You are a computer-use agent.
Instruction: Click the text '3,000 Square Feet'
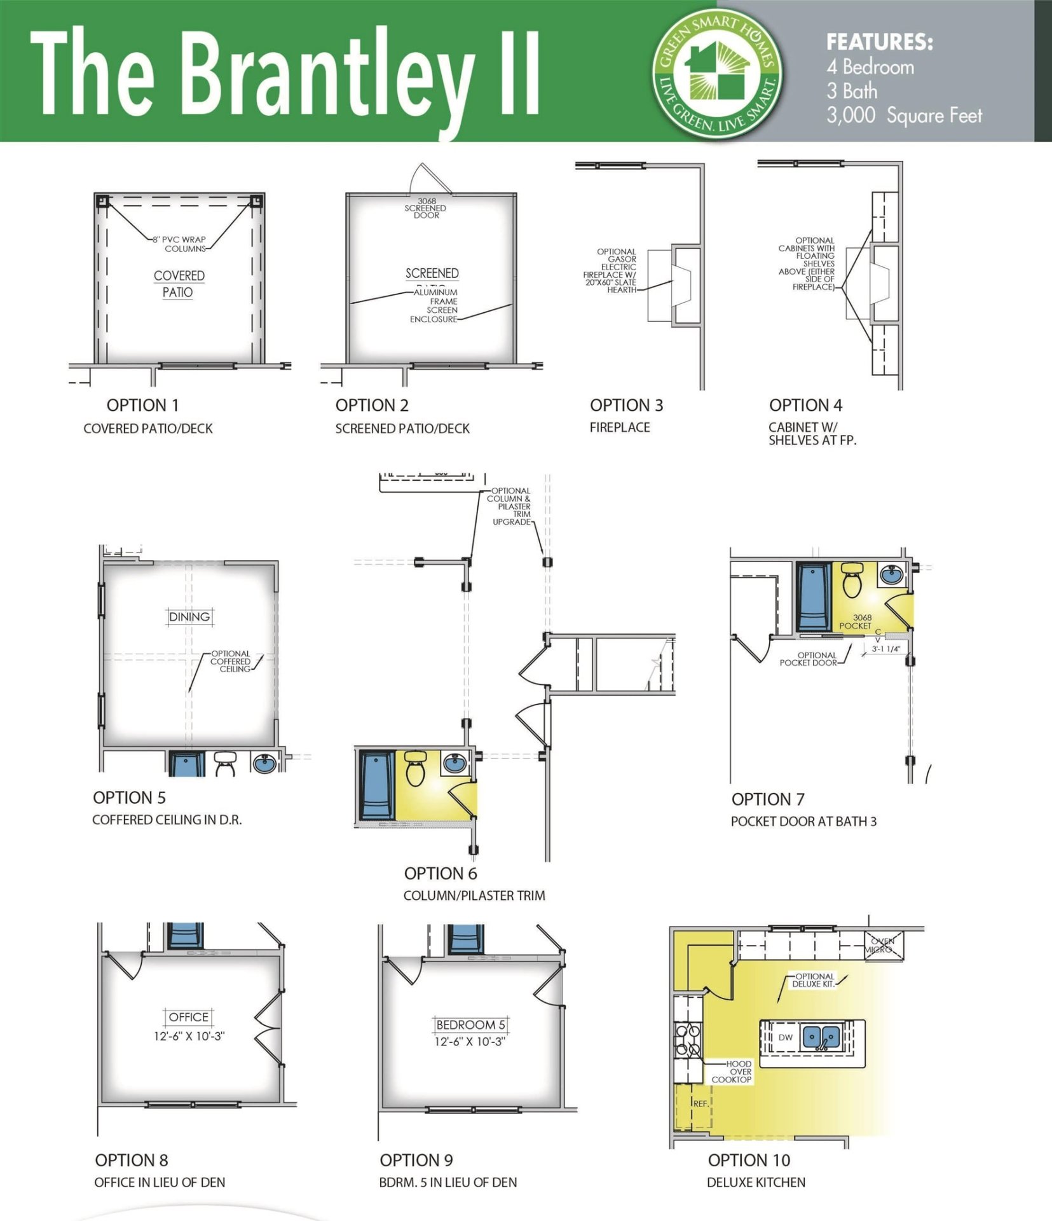point(903,116)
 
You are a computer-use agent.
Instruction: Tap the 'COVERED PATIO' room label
point(179,284)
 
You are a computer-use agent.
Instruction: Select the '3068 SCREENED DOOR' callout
point(426,208)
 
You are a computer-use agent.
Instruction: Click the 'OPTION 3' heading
point(625,405)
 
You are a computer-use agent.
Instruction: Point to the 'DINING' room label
point(189,617)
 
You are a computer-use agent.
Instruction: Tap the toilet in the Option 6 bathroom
point(416,769)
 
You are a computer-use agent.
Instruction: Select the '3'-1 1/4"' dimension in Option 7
point(885,649)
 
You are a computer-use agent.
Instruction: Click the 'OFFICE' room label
point(189,1018)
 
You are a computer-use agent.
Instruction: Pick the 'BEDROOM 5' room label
point(470,1025)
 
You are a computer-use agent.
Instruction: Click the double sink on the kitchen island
point(820,1037)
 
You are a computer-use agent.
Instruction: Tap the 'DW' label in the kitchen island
point(786,1037)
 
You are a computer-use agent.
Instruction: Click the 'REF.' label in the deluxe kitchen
point(700,1103)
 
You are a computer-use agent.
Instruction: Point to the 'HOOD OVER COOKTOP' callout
point(732,1072)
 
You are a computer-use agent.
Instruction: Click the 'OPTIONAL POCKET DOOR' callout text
point(808,659)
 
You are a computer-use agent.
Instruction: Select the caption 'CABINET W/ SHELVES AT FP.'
point(812,434)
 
